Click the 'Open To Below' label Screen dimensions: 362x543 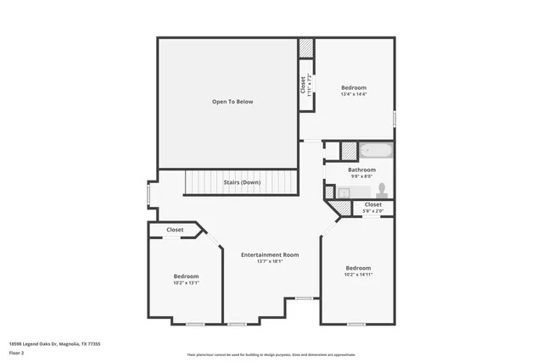pyautogui.click(x=232, y=102)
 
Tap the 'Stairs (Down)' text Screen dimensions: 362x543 pyautogui.click(x=242, y=182)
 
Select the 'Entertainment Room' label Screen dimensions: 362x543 pyautogui.click(x=270, y=254)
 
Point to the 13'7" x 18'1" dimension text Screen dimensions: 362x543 pyautogui.click(x=270, y=262)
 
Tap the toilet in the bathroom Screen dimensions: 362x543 pyautogui.click(x=382, y=188)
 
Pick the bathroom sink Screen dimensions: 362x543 pyautogui.click(x=344, y=193)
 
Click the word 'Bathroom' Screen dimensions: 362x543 pyautogui.click(x=361, y=170)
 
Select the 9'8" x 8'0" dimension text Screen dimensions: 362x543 pyautogui.click(x=361, y=176)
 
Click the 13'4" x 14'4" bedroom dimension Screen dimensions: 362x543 pyautogui.click(x=354, y=95)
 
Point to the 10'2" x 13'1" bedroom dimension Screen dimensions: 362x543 pyautogui.click(x=187, y=283)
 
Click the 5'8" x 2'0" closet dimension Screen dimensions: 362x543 pyautogui.click(x=373, y=212)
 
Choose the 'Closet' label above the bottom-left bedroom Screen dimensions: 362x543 pyautogui.click(x=175, y=230)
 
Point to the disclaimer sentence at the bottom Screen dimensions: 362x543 pyautogui.click(x=271, y=355)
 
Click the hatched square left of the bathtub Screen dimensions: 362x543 pyautogui.click(x=349, y=151)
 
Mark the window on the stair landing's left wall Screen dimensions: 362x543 pyautogui.click(x=149, y=194)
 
